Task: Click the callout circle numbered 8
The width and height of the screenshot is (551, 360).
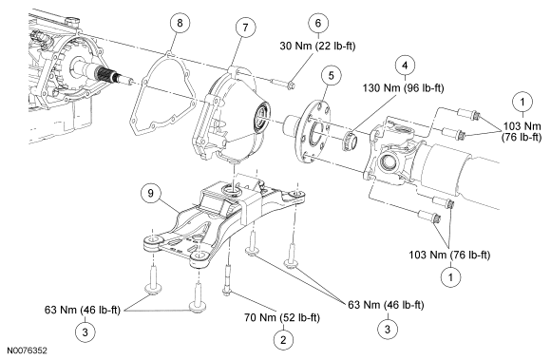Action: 180,23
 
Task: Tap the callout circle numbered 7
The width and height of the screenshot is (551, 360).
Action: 245,28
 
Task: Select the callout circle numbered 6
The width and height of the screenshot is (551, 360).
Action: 318,23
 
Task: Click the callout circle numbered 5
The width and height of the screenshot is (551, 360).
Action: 331,75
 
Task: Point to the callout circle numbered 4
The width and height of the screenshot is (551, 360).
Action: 405,66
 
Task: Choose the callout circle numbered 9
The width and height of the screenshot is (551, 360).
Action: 151,194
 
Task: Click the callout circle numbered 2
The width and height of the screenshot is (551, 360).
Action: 283,340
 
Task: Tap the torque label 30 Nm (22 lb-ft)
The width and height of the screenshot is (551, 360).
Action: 317,46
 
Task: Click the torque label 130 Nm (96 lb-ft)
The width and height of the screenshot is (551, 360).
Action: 403,87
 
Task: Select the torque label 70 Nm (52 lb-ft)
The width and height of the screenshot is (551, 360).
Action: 282,318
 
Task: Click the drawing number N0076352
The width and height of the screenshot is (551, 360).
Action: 27,351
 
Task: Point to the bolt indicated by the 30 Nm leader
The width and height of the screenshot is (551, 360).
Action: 283,85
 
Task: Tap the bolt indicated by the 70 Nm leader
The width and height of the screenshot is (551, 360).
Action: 228,280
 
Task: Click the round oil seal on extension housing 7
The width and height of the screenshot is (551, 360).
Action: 262,114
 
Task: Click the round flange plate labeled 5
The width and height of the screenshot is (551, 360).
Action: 314,132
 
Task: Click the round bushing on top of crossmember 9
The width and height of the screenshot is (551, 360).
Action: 231,190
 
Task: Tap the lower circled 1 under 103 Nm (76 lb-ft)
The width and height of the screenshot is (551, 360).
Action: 450,277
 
